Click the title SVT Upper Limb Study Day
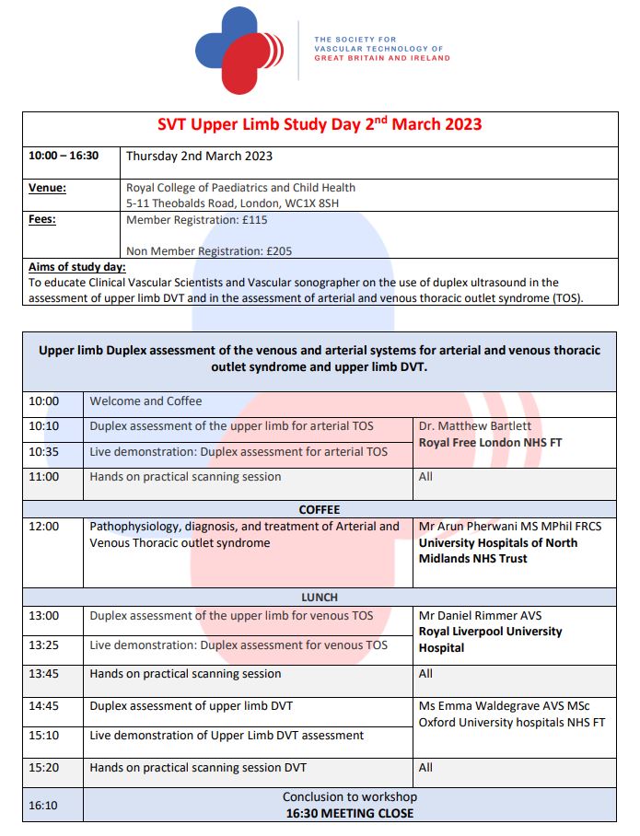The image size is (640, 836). [x=320, y=124]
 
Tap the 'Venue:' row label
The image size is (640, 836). [x=47, y=188]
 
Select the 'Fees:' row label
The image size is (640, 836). [x=42, y=220]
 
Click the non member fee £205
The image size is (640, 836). [x=280, y=250]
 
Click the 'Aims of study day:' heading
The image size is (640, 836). [x=77, y=267]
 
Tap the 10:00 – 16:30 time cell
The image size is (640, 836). [x=64, y=156]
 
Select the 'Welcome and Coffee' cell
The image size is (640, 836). [x=145, y=401]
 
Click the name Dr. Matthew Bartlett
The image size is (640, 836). [x=475, y=426]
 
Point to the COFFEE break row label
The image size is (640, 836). [x=320, y=509]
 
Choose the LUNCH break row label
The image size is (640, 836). [x=320, y=598]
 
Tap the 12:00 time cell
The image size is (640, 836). [x=43, y=527]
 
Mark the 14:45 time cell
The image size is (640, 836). [x=43, y=706]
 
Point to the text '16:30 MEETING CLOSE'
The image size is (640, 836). [x=349, y=813]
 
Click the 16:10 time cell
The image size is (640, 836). [x=43, y=805]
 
